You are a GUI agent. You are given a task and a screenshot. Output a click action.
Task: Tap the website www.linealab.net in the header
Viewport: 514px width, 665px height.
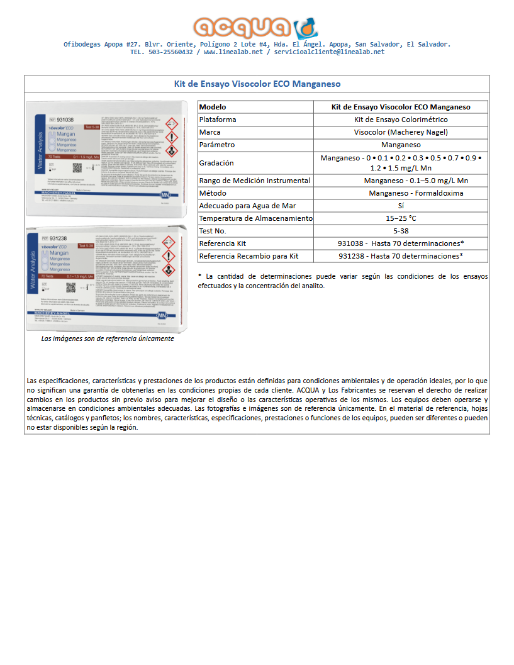(233, 52)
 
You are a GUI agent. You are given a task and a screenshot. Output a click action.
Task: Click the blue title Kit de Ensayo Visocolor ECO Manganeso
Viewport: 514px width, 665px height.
(257, 84)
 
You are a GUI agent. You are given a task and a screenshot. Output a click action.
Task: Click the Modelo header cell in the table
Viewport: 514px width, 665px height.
(212, 107)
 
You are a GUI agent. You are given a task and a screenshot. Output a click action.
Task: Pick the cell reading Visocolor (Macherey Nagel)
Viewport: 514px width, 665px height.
(401, 132)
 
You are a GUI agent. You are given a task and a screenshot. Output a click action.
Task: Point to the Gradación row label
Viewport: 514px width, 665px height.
(216, 163)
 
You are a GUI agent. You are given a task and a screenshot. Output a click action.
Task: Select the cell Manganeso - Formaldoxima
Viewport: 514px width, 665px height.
(415, 193)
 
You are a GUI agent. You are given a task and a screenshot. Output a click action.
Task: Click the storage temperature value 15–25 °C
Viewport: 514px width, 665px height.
(401, 218)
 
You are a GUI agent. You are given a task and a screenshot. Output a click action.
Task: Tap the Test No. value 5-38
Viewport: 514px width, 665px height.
(401, 231)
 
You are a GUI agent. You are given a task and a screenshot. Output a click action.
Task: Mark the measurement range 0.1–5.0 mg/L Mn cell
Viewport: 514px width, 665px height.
(415, 181)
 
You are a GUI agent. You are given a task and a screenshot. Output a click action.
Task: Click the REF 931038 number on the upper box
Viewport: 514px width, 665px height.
(65, 119)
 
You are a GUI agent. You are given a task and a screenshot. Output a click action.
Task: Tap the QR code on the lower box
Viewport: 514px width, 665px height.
(71, 288)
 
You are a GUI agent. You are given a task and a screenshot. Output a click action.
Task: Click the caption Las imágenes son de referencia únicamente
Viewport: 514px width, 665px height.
(108, 338)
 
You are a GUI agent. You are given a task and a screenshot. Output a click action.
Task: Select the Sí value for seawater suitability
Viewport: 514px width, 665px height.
(401, 206)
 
